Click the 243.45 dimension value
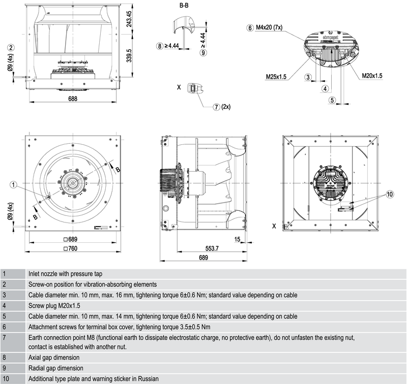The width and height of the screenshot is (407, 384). click(129, 19)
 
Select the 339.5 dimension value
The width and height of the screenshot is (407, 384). click(129, 56)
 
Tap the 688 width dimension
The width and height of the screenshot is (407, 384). click(73, 99)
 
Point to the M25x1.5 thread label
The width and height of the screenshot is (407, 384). click(276, 77)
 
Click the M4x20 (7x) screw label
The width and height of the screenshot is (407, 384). click(269, 27)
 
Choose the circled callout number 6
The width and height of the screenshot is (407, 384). click(250, 28)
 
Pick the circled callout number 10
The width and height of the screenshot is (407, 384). click(390, 195)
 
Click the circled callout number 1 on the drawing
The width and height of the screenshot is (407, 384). click(13, 185)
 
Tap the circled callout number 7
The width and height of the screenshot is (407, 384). click(217, 107)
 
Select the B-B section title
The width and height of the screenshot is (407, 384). click(184, 6)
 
